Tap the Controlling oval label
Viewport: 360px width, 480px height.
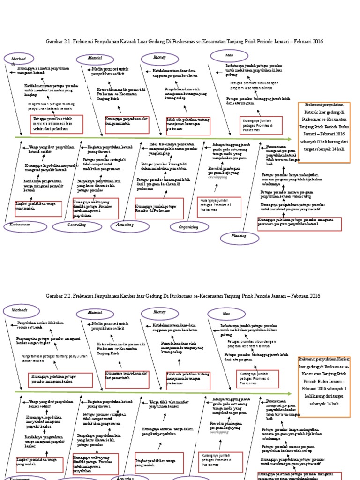click(77, 226)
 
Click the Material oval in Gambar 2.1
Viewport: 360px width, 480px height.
click(96, 58)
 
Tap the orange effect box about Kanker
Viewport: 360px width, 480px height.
click(324, 386)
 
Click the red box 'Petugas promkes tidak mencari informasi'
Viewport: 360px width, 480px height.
click(56, 124)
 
